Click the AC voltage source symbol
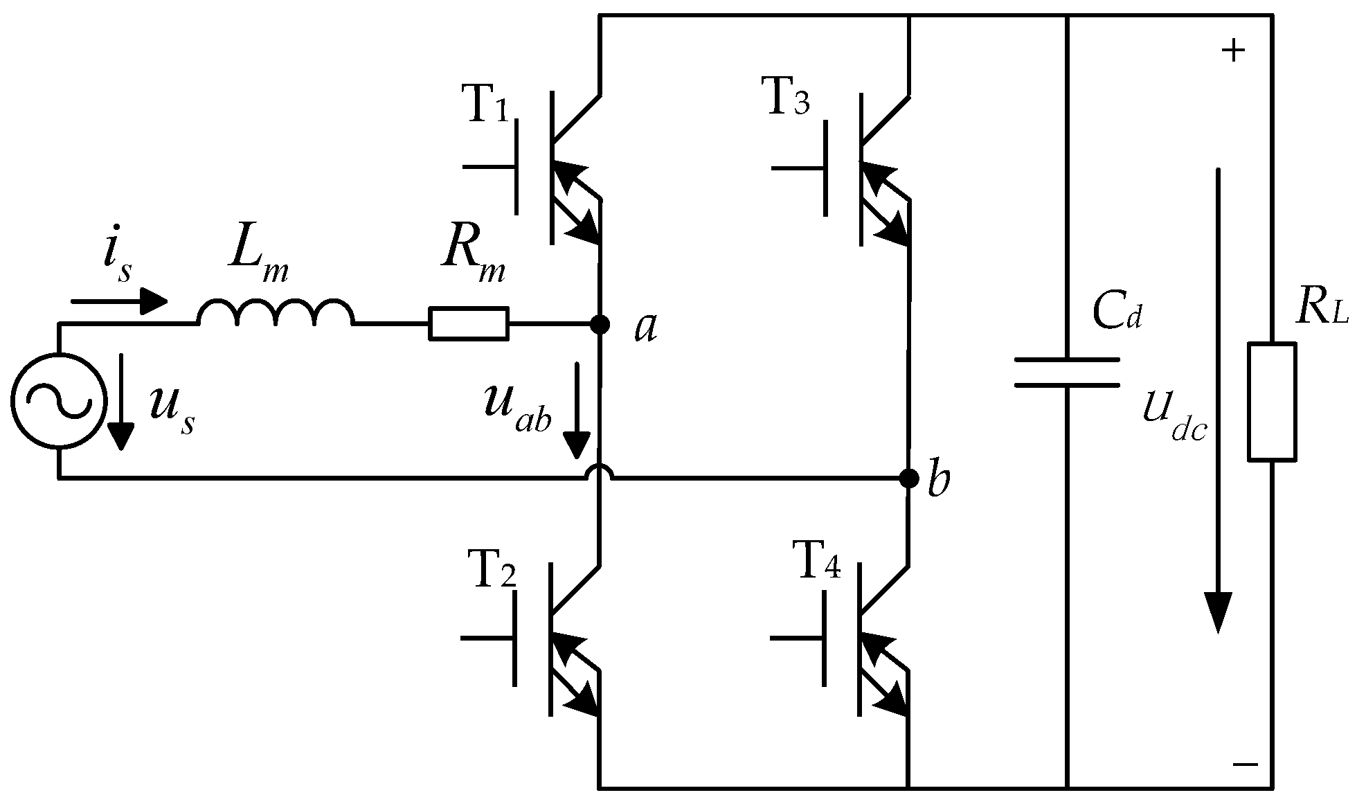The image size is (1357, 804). [58, 400]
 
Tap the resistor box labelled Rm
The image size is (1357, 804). [469, 323]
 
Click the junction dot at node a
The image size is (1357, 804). [600, 323]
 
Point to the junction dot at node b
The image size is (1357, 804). [908, 478]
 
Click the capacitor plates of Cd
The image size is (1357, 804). [1067, 373]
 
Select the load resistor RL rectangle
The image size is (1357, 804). [1272, 402]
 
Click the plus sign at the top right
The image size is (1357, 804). [1233, 51]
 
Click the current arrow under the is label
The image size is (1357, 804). [119, 301]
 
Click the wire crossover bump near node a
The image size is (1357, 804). [600, 472]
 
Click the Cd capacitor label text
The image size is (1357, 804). [1116, 312]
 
